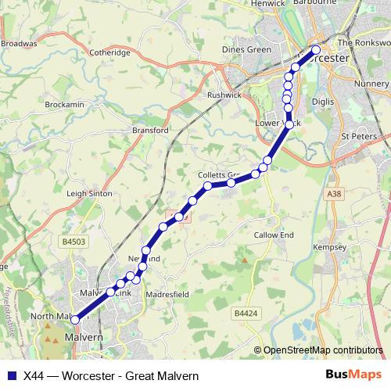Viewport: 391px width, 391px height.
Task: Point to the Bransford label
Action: point(151,131)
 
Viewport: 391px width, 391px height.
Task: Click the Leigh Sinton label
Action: point(90,193)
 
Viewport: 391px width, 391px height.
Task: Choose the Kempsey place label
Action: point(329,247)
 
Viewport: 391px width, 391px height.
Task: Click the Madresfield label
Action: point(167,294)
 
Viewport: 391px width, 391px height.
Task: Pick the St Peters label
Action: point(359,136)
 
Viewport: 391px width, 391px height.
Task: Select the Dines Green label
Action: point(246,49)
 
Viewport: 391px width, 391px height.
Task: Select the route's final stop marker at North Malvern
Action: point(74,319)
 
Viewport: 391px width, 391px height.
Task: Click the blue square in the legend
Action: point(11,375)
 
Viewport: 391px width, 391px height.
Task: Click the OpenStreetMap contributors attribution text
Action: point(323,350)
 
